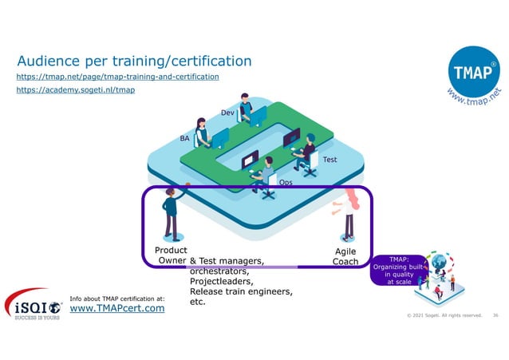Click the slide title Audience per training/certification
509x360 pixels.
(134, 61)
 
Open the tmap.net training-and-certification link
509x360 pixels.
(118, 77)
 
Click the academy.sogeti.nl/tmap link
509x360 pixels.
(76, 90)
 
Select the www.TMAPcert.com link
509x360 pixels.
(117, 307)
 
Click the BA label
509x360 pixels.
(185, 138)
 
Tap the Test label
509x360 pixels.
(329, 160)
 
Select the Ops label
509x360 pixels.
(286, 183)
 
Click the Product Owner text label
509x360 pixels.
(170, 255)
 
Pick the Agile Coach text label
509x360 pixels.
(345, 255)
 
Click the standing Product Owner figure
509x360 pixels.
(171, 213)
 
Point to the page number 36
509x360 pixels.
(495, 315)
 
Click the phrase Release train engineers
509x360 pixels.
(240, 291)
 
